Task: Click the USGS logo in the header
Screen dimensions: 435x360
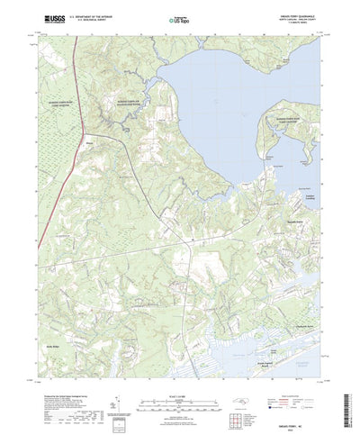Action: [x=50, y=18]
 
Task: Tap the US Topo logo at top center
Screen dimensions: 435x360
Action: [x=180, y=18]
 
